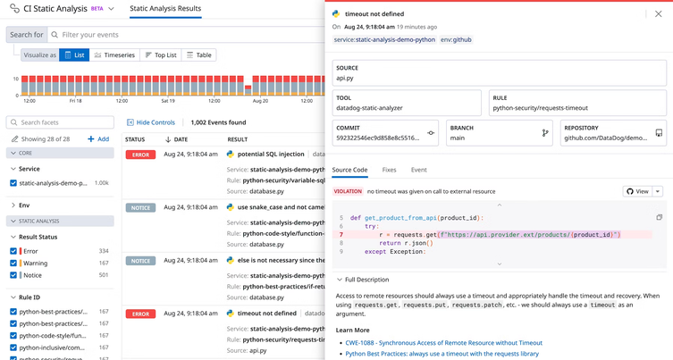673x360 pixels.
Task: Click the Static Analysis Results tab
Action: [x=165, y=9]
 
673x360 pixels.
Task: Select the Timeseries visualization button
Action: [x=114, y=55]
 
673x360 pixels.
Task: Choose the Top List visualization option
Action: [x=161, y=55]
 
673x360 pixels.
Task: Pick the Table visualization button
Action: [x=199, y=55]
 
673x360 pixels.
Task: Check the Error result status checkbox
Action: [x=13, y=251]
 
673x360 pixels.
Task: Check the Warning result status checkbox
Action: [x=13, y=264]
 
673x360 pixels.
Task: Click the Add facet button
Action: [x=98, y=139]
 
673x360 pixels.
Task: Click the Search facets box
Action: [x=60, y=122]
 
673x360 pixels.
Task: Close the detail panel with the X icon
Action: [x=659, y=14]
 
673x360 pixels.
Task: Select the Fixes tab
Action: [x=389, y=170]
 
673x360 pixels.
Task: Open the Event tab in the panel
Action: [x=418, y=170]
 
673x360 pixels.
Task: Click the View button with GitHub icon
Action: [x=637, y=191]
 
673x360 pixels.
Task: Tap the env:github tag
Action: [x=456, y=40]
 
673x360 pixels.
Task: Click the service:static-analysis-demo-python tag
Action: [x=384, y=40]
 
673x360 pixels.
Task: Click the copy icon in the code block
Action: [x=659, y=217]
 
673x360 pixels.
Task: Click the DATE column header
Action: [x=180, y=139]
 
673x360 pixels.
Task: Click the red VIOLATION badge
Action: [x=348, y=191]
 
